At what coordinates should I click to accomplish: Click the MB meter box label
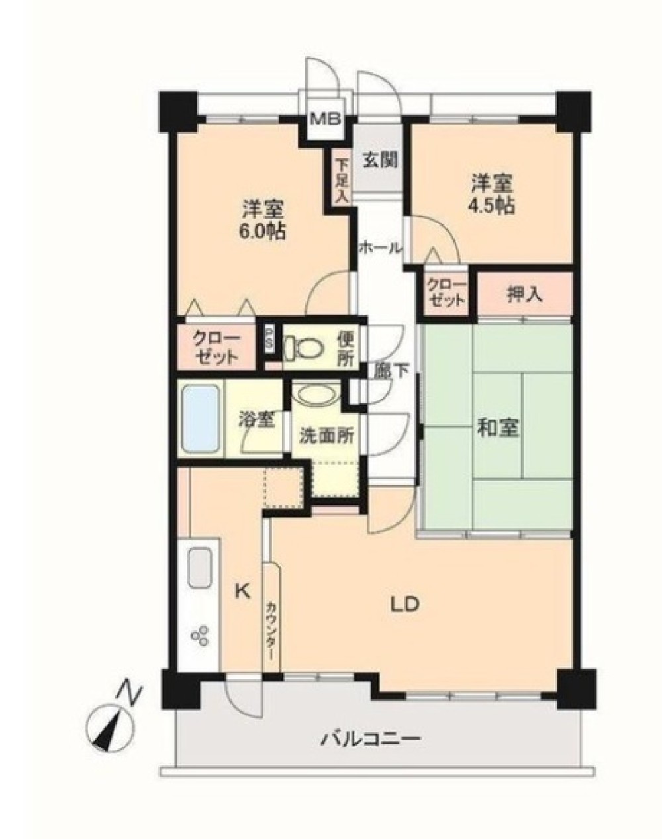tap(326, 118)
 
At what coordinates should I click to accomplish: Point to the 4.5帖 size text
tap(492, 205)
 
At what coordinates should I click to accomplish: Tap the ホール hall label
tap(381, 247)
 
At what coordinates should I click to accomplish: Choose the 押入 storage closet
tap(524, 294)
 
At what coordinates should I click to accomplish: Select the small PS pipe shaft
tap(269, 339)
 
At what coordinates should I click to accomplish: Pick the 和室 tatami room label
tap(498, 428)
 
